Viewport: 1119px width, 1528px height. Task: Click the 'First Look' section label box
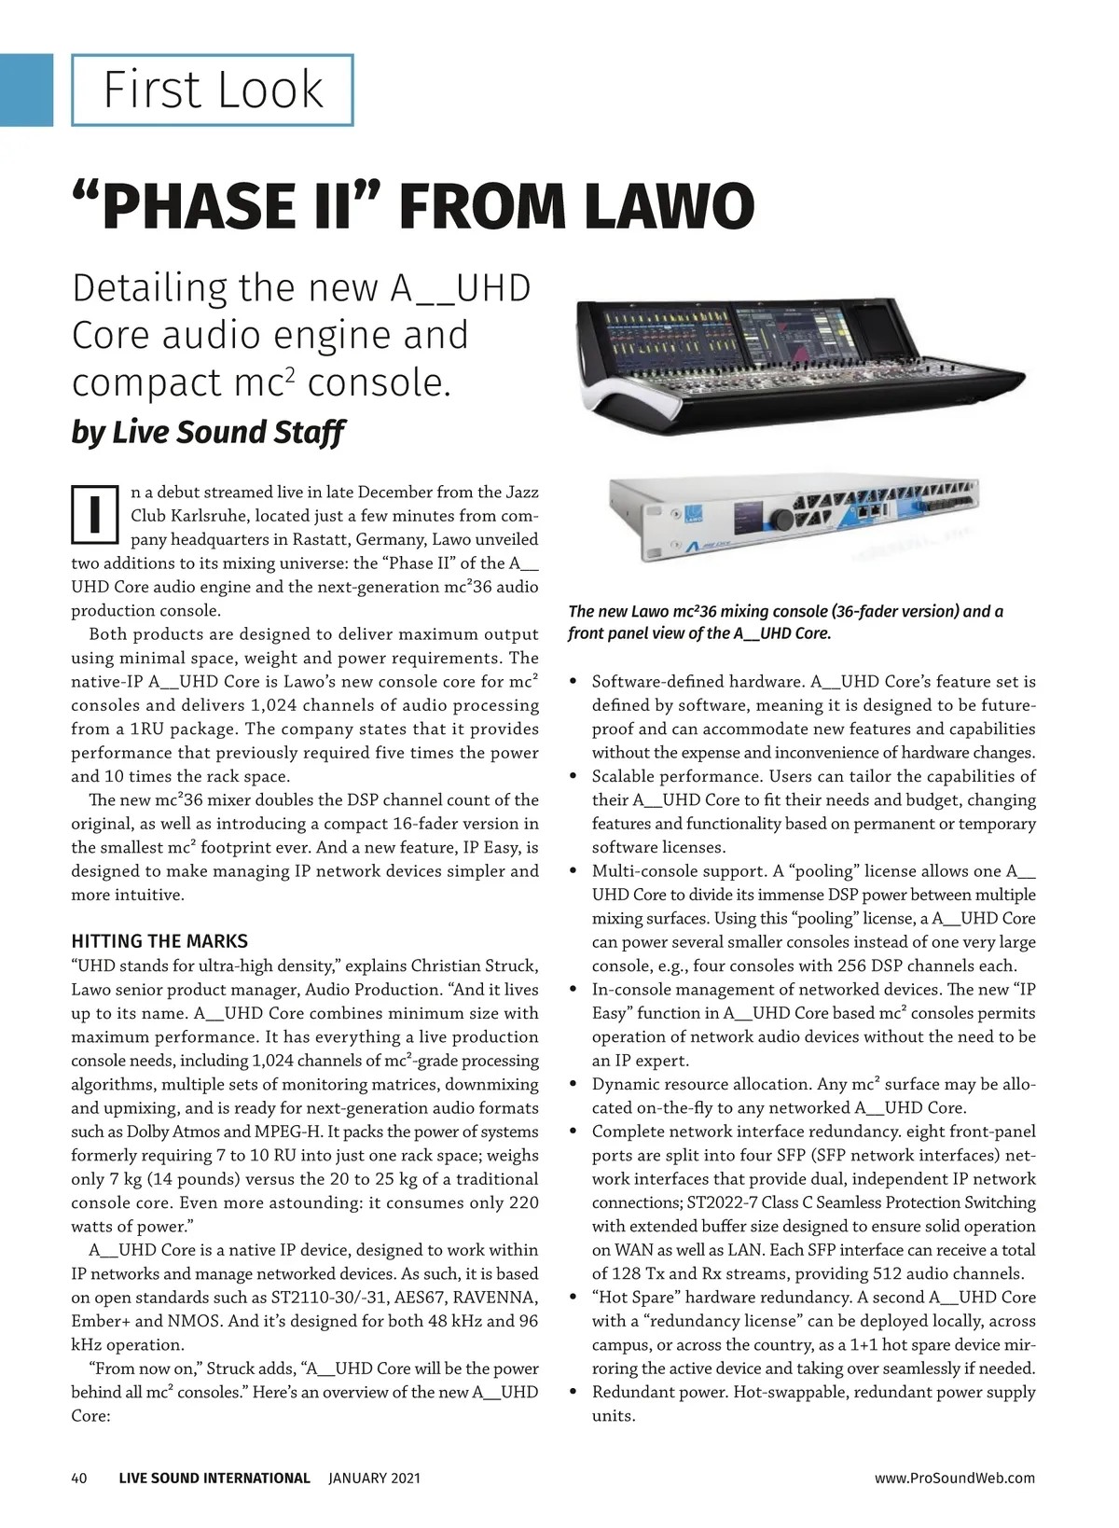213,90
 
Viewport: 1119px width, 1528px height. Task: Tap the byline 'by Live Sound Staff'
208,432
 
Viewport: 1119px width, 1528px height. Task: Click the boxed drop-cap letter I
94,514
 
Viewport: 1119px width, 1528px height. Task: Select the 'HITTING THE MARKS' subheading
159,941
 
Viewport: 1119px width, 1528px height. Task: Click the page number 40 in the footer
79,1478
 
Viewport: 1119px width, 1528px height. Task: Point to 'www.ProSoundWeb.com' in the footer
955,1478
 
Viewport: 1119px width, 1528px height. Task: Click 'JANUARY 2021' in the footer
374,1478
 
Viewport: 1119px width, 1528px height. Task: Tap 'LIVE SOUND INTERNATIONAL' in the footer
214,1478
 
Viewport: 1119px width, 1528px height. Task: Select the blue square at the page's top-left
26,90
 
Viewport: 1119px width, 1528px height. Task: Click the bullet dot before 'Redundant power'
573,1393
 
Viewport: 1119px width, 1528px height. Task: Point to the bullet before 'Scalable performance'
573,777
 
